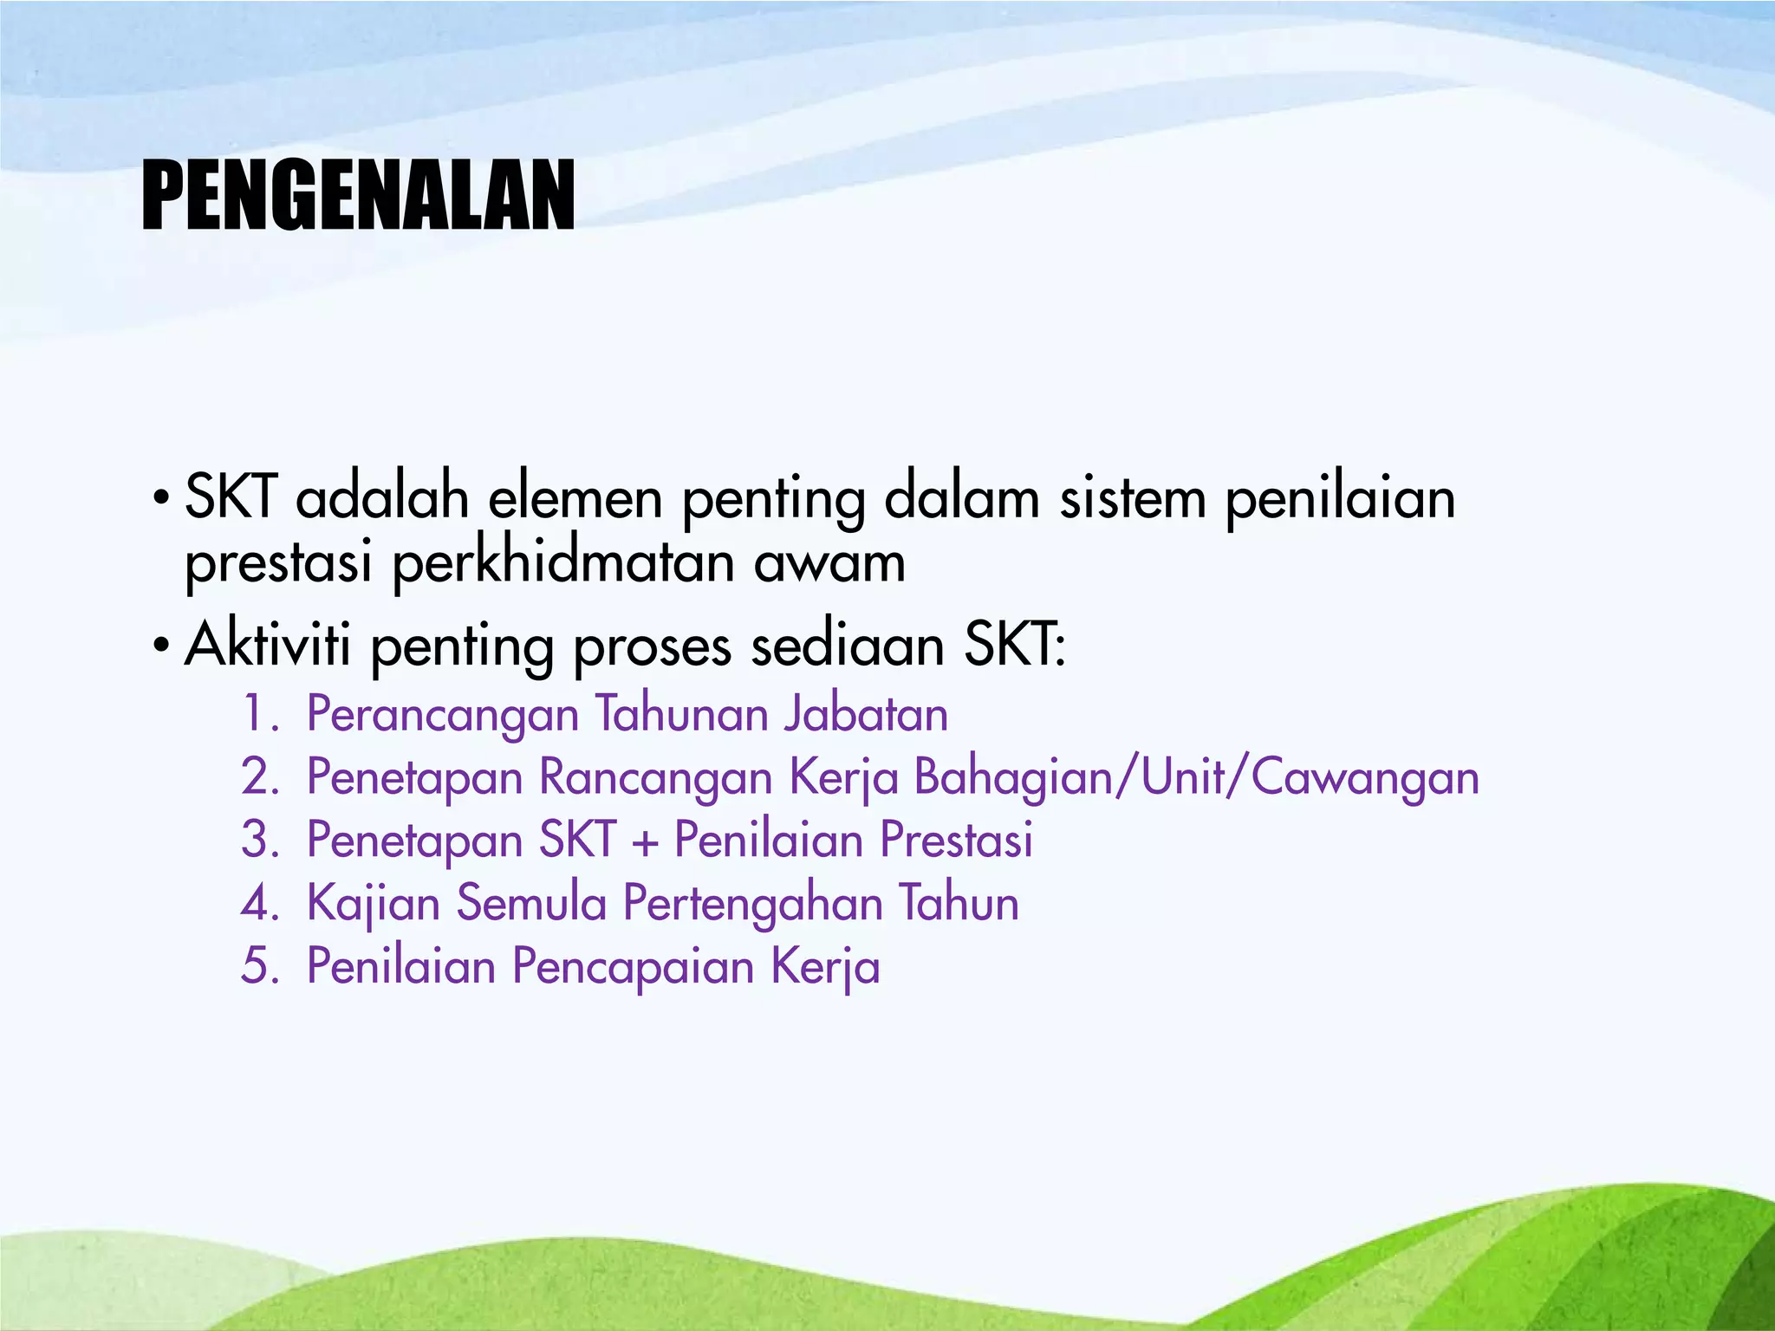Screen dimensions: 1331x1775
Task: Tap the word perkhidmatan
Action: point(563,563)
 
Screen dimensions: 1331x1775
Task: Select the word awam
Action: point(829,563)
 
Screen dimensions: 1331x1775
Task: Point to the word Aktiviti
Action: point(268,646)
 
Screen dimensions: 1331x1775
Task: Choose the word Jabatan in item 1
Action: point(866,714)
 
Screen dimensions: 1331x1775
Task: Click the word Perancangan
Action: point(443,716)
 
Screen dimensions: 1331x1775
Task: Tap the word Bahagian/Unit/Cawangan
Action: point(1197,777)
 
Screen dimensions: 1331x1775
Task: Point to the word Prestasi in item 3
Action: point(957,840)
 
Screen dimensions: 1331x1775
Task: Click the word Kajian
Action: point(374,905)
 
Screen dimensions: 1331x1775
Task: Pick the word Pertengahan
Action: point(752,905)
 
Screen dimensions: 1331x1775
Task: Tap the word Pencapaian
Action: point(633,968)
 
